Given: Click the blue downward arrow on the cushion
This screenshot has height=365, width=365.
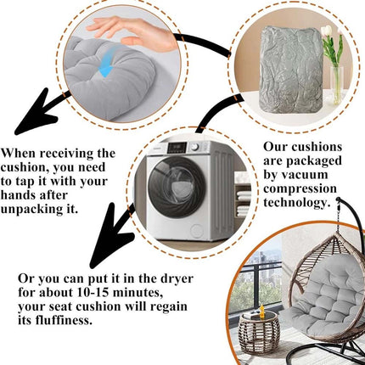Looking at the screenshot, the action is point(107,63).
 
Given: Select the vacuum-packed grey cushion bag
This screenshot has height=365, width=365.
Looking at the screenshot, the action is point(291,70).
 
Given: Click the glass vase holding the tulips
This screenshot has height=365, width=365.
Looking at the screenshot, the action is point(337,86).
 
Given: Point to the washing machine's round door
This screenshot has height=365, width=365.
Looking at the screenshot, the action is point(177,187).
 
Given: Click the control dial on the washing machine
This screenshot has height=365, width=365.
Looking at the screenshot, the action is point(194,147).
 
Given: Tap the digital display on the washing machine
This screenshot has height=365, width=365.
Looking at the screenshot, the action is point(177,148).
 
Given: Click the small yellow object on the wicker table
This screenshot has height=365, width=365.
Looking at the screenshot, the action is point(262,311).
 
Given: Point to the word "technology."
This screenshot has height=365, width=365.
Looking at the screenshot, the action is point(297,203).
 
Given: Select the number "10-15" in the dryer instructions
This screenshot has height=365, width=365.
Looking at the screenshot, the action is point(93,292).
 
